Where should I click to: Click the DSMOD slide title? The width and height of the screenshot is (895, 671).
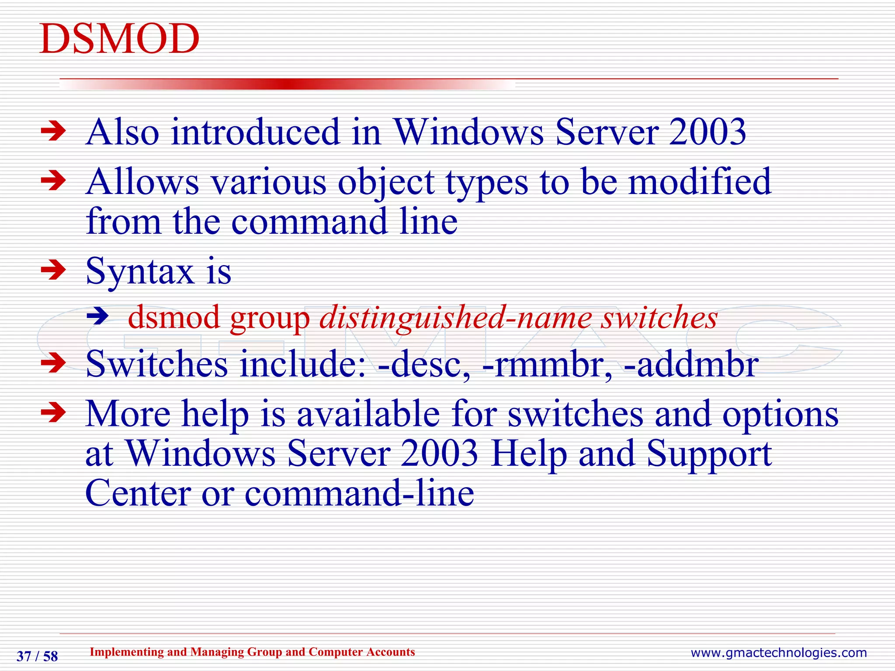click(119, 39)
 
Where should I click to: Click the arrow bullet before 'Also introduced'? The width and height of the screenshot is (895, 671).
click(53, 131)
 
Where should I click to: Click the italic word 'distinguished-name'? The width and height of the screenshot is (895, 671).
click(454, 318)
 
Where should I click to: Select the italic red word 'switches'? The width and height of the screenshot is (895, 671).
click(659, 318)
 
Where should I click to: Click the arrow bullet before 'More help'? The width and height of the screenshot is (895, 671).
click(53, 413)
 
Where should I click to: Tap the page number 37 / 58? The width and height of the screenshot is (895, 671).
click(37, 656)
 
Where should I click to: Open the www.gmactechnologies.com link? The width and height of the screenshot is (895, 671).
click(778, 653)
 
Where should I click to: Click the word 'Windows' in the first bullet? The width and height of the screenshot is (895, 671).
click(469, 132)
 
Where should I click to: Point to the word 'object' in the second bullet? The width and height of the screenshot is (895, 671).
click(386, 182)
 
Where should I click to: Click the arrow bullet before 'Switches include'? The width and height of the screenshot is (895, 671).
click(53, 363)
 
